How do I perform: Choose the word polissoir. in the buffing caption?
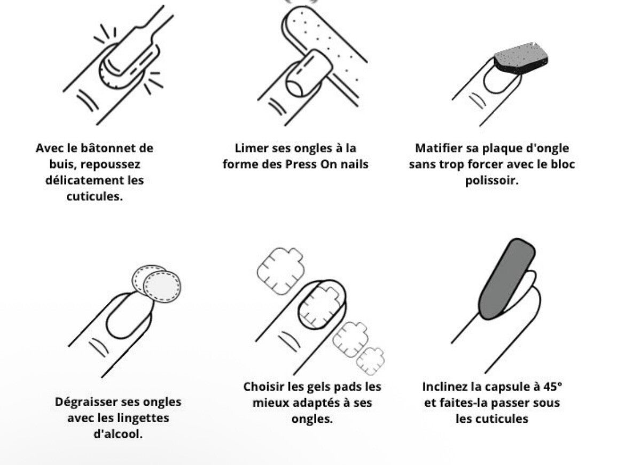[x=492, y=180]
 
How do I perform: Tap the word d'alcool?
[x=118, y=433]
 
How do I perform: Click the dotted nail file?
[x=315, y=37]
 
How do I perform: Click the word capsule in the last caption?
[x=499, y=386]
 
